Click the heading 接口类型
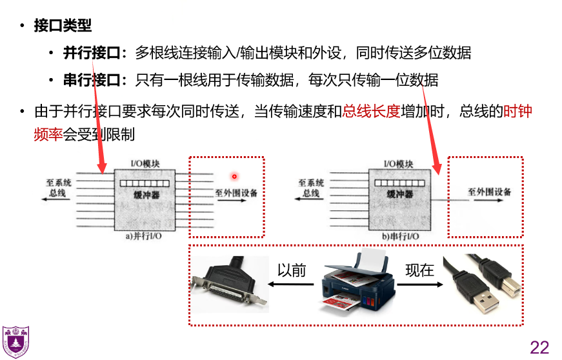click(63, 26)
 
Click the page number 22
click(539, 347)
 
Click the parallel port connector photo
click(232, 285)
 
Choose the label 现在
click(419, 270)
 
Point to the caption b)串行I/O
click(399, 237)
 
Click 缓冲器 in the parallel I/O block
click(146, 194)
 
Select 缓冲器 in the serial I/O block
click(399, 194)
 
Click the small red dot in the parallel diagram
click(234, 176)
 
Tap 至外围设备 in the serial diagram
click(490, 192)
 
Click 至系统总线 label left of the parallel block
click(59, 188)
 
